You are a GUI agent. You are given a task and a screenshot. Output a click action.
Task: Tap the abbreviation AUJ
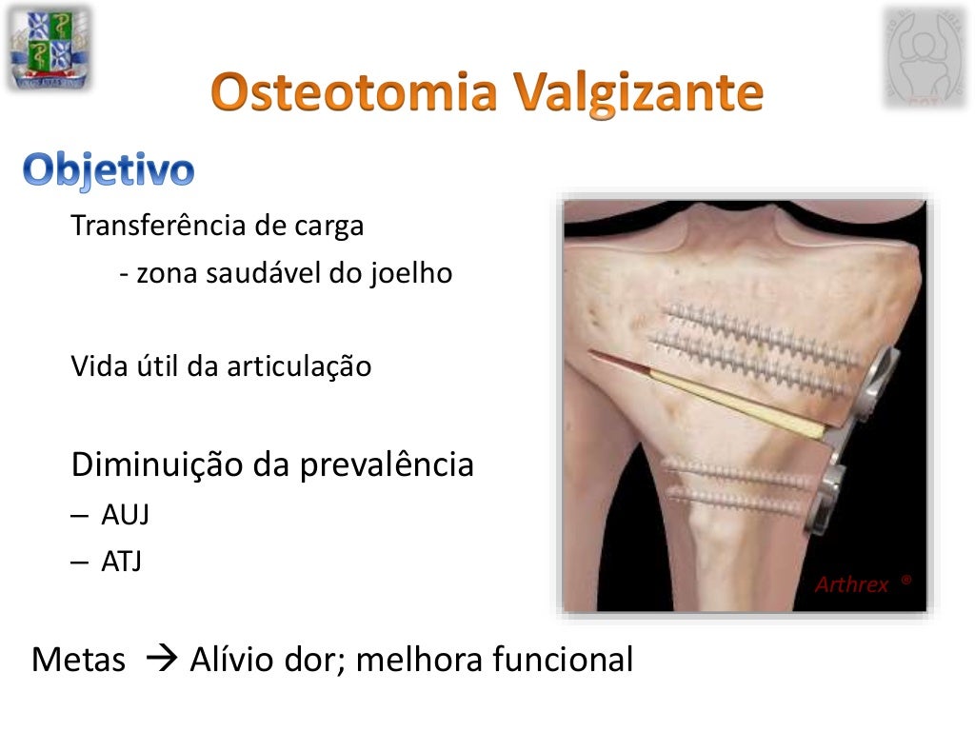pos(125,515)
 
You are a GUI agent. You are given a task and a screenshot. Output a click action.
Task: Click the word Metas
pos(78,660)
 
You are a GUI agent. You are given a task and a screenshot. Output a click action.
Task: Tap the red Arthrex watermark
pos(852,584)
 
